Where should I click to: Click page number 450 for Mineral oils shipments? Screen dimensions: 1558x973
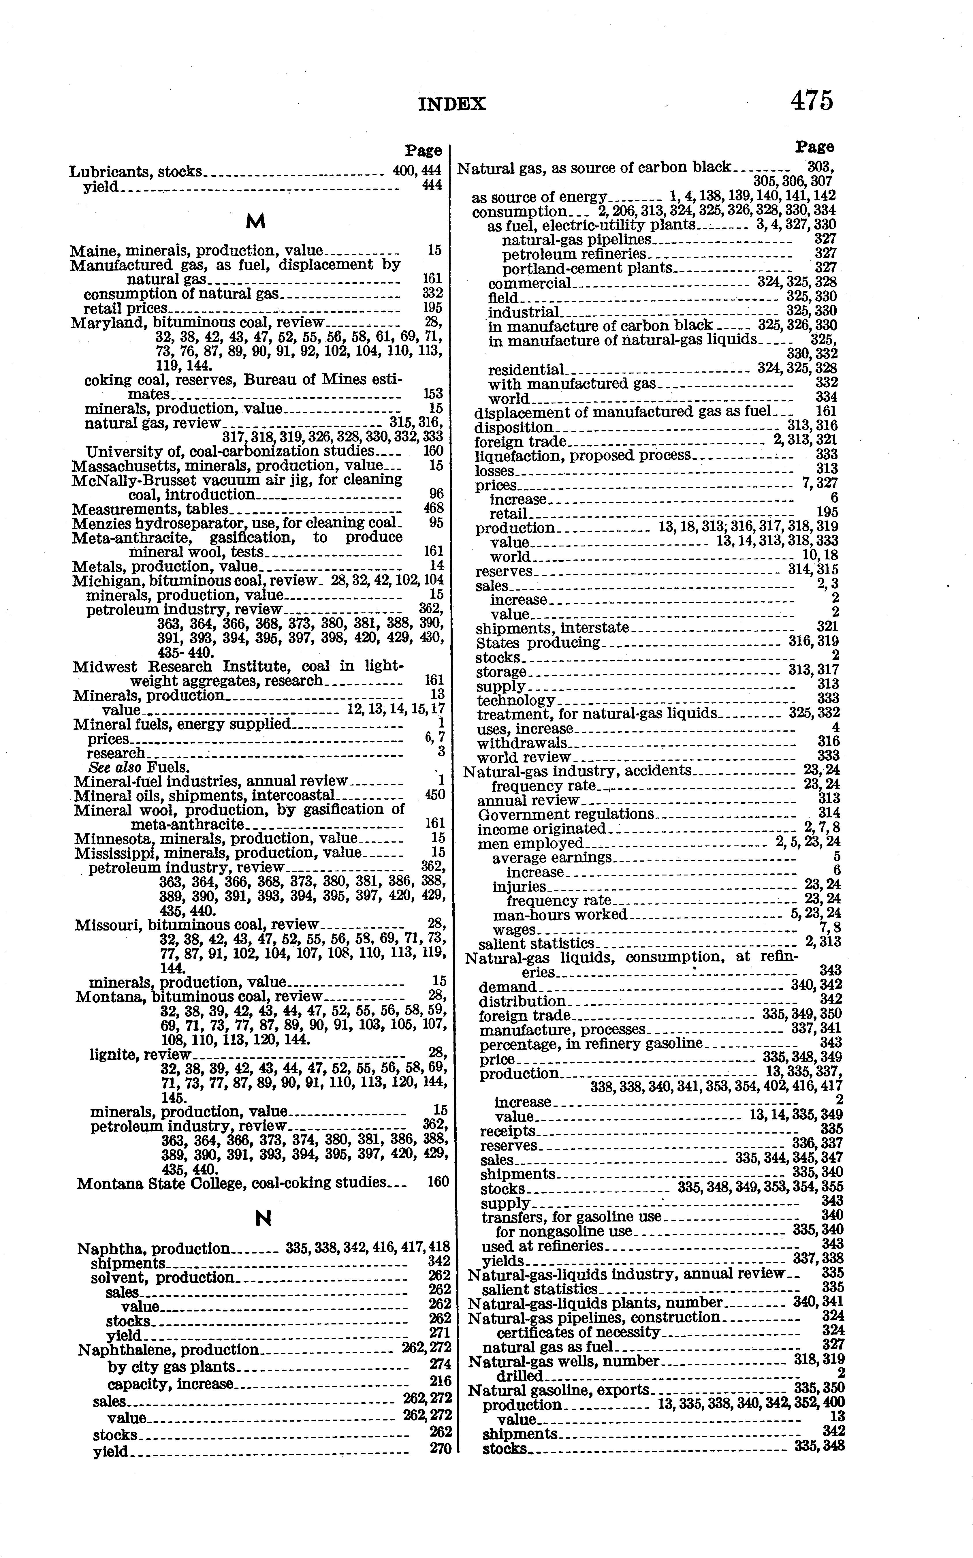[x=435, y=795]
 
